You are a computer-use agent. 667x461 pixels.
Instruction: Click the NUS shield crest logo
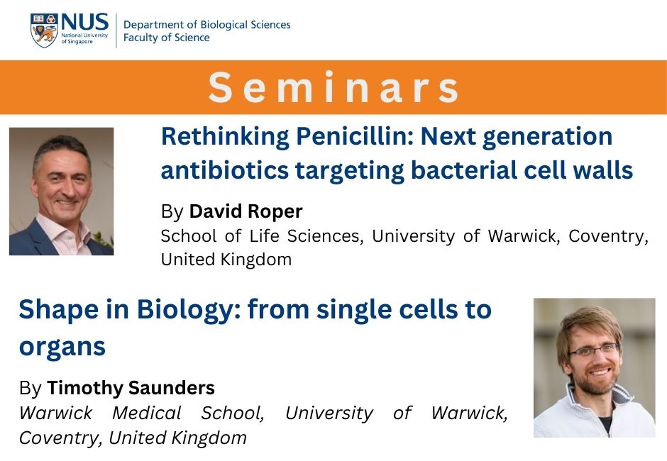pos(44,30)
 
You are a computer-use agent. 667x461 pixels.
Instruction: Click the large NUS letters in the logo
pos(84,21)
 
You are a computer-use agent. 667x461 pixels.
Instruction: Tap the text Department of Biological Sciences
pos(206,25)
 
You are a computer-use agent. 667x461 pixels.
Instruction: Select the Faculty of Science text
pos(166,38)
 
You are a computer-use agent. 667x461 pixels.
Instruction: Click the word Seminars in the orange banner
pos(333,87)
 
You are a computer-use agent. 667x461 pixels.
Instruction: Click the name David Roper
pos(246,211)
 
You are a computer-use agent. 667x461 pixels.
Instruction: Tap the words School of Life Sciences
pos(260,235)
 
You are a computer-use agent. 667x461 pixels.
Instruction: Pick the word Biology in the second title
pos(189,310)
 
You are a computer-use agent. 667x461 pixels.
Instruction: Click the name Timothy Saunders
pos(131,388)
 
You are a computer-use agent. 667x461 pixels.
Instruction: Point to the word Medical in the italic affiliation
pos(147,413)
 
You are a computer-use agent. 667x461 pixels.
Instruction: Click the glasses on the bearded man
pos(594,350)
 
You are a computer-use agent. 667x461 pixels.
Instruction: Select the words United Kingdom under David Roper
pos(226,260)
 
